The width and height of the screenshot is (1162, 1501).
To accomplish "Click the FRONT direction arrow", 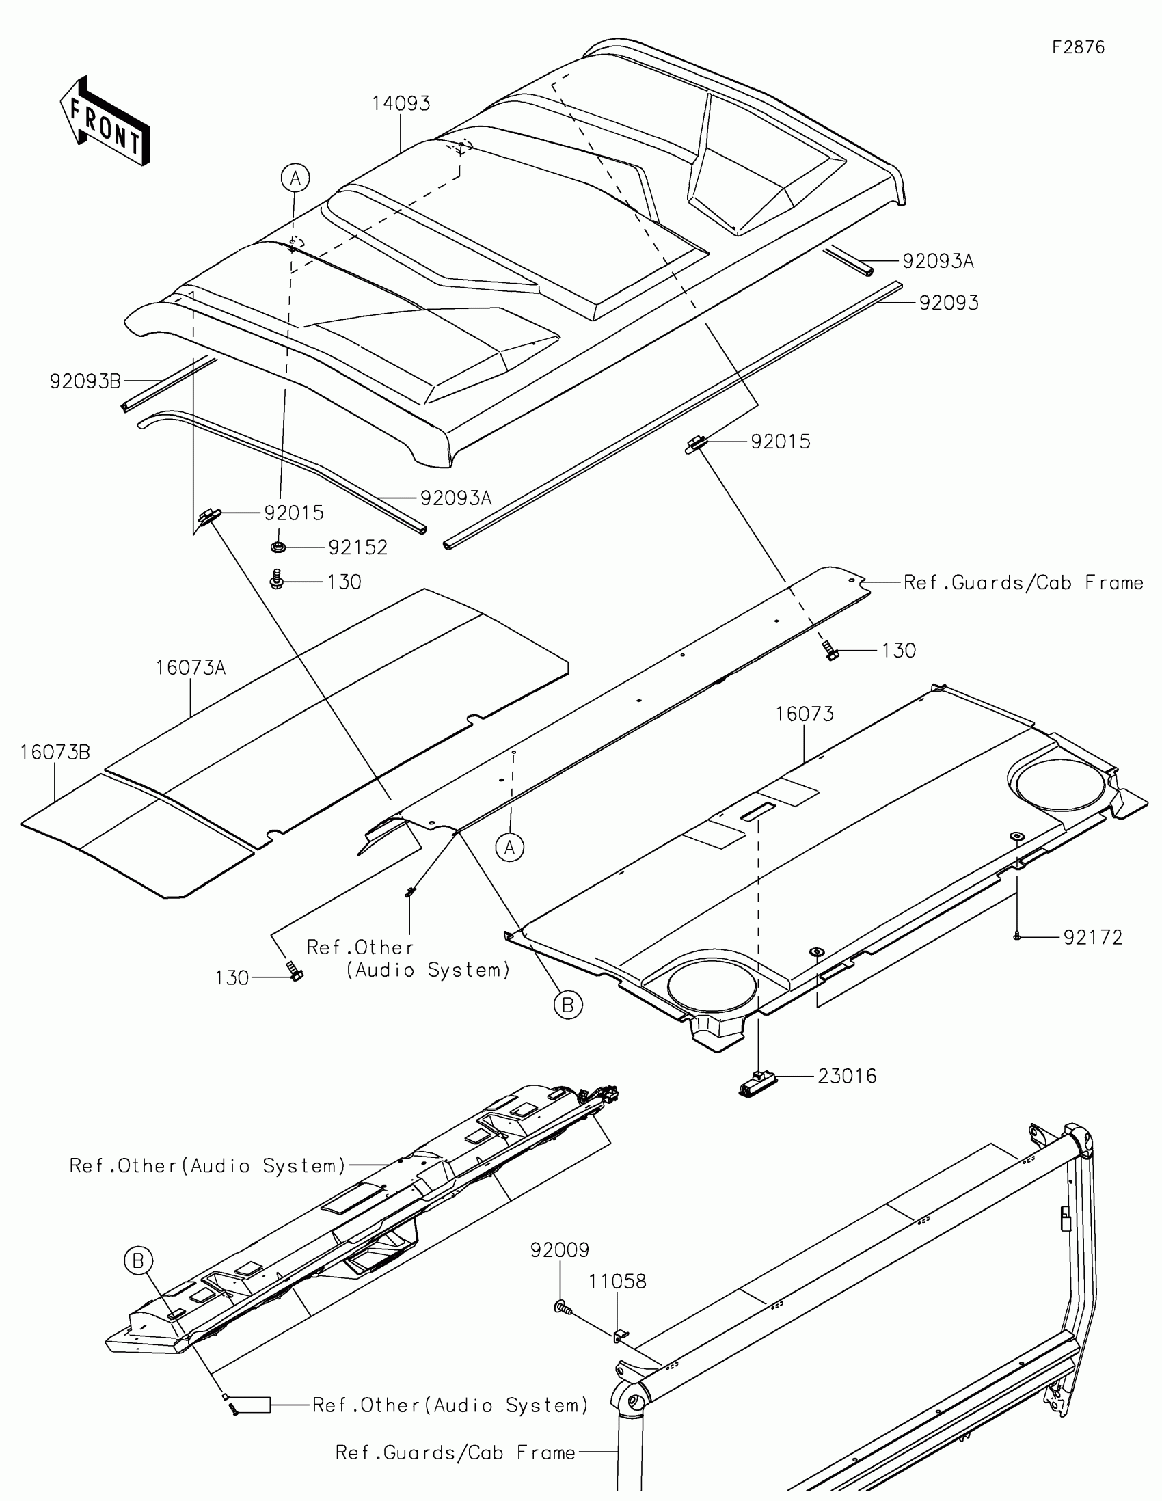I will pos(105,122).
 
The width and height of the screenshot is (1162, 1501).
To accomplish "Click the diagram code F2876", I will pos(1078,47).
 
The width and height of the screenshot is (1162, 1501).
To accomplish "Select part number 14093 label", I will pos(401,104).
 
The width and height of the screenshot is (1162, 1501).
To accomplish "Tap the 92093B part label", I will pos(85,381).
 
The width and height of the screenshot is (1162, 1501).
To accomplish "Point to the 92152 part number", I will pos(358,547).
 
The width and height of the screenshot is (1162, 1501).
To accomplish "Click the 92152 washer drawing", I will pos(278,546).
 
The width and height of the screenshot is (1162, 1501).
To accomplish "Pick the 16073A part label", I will pos(190,667).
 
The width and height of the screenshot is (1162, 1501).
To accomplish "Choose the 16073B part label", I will pos(55,753).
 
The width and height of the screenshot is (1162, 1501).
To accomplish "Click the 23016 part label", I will pos(848,1077).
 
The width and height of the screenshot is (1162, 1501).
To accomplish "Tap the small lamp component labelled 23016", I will pos(756,1085).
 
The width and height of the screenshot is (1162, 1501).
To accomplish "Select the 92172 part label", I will pos(1092,937).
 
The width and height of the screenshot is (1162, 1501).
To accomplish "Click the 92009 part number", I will pos(559,1250).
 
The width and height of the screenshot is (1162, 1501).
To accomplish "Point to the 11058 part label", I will pos(617,1282).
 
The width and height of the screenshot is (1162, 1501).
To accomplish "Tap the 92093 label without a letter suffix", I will pos(949,303).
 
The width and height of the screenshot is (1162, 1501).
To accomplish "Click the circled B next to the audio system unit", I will pos(138,1261).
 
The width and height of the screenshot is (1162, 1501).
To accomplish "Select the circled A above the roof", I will pos(295,178).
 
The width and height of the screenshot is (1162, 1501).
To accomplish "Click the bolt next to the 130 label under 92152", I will pos(277,578).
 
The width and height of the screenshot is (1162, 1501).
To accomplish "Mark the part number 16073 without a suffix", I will pos(805,714).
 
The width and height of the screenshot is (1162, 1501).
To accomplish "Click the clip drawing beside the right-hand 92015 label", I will pos(694,444).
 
